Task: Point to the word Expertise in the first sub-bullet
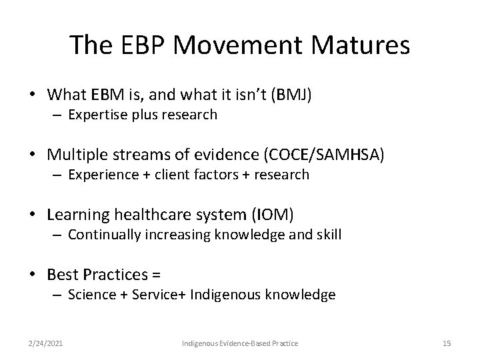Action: pos(95,115)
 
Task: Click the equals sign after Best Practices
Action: pos(157,275)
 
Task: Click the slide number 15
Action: pos(447,343)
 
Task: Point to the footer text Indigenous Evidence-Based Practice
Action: pos(240,343)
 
